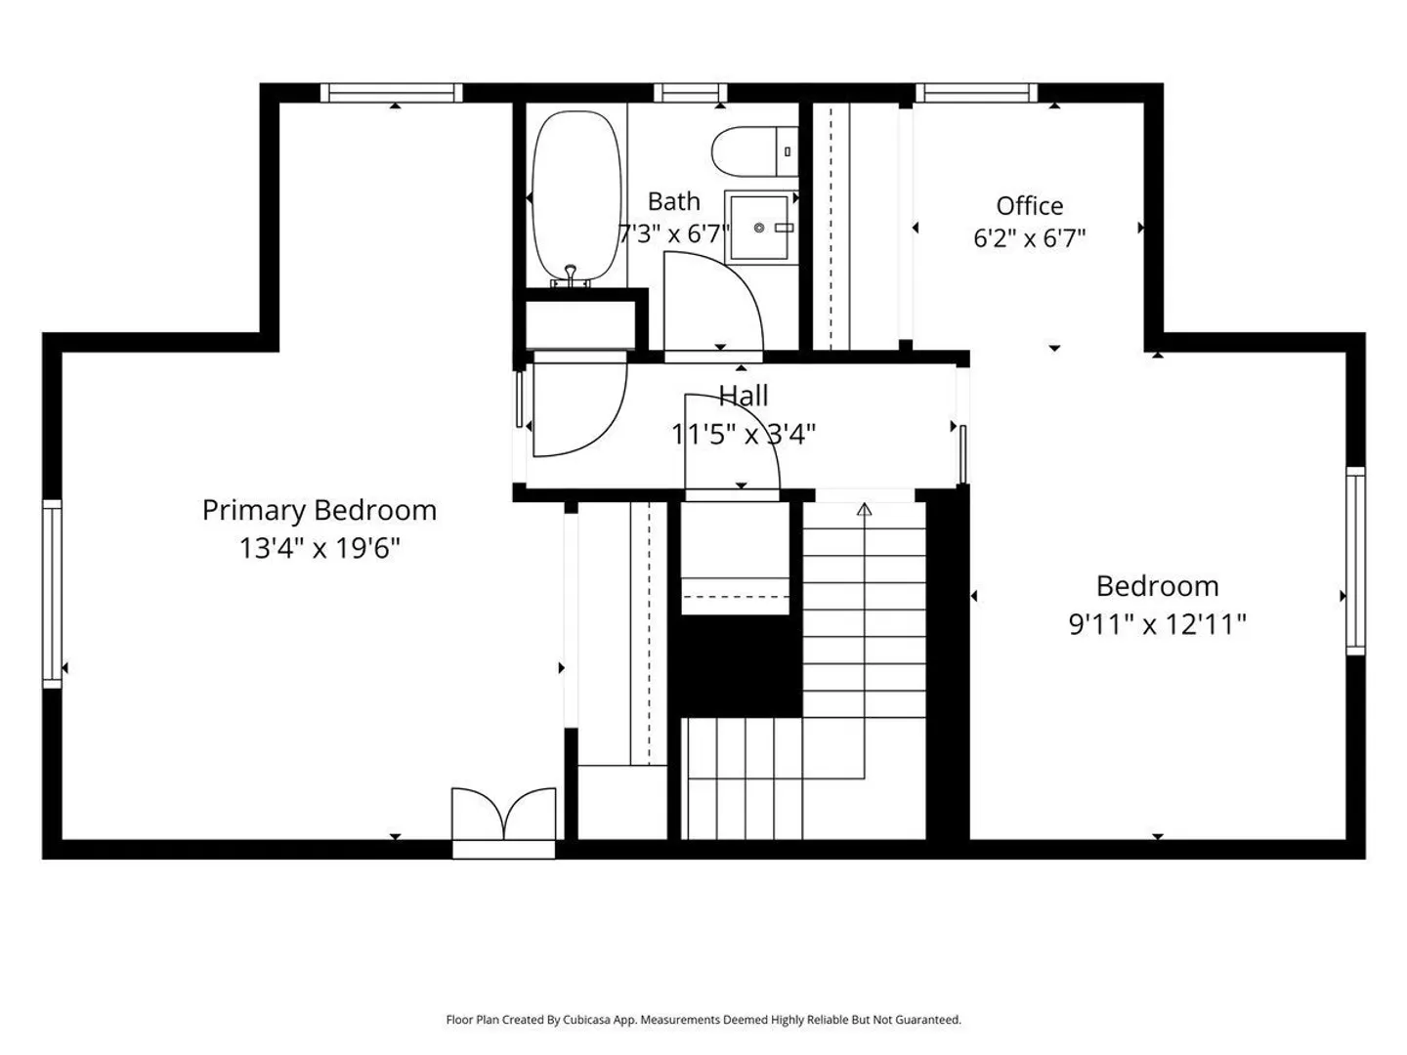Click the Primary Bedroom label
[x=320, y=511]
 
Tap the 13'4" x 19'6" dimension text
[x=320, y=548]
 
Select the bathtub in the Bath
[x=576, y=195]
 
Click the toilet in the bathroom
[x=755, y=151]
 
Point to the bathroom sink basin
[x=759, y=228]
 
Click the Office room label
[x=1030, y=205]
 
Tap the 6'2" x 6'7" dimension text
[x=1030, y=238]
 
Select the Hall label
[x=744, y=396]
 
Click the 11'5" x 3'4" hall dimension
[x=744, y=435]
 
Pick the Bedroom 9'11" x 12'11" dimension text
[x=1157, y=624]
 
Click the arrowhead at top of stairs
[x=864, y=509]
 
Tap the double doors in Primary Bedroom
[x=504, y=814]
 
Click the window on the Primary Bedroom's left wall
[x=53, y=594]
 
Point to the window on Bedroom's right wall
[x=1355, y=561]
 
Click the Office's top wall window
[x=976, y=93]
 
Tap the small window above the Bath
[x=691, y=93]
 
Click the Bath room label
[x=673, y=202]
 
